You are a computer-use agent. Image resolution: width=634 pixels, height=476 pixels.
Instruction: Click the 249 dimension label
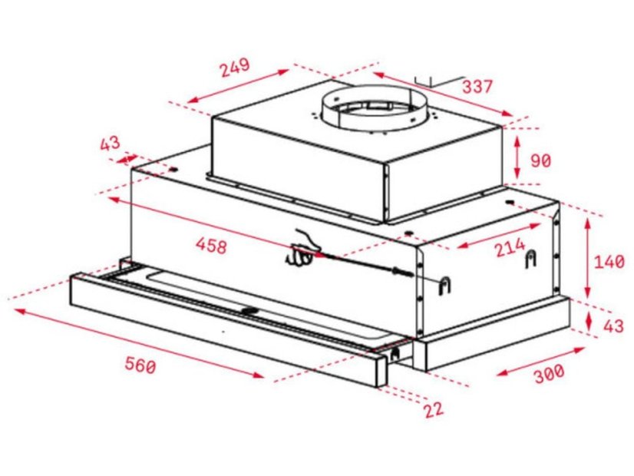click(x=234, y=67)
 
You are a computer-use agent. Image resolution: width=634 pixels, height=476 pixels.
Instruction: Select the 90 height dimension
click(x=541, y=160)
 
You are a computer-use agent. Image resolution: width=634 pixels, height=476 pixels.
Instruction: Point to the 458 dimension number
click(x=211, y=246)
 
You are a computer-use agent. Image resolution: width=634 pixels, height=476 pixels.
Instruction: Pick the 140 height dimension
click(x=609, y=261)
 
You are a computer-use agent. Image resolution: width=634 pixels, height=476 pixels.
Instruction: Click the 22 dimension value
click(x=434, y=408)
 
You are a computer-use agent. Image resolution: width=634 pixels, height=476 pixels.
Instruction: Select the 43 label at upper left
click(x=110, y=144)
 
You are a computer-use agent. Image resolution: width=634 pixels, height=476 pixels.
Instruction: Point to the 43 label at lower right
click(x=612, y=326)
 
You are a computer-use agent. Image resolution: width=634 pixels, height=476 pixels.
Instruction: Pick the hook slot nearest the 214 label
click(x=530, y=262)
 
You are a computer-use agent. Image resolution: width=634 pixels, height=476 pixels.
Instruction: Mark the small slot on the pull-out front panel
click(x=250, y=311)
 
